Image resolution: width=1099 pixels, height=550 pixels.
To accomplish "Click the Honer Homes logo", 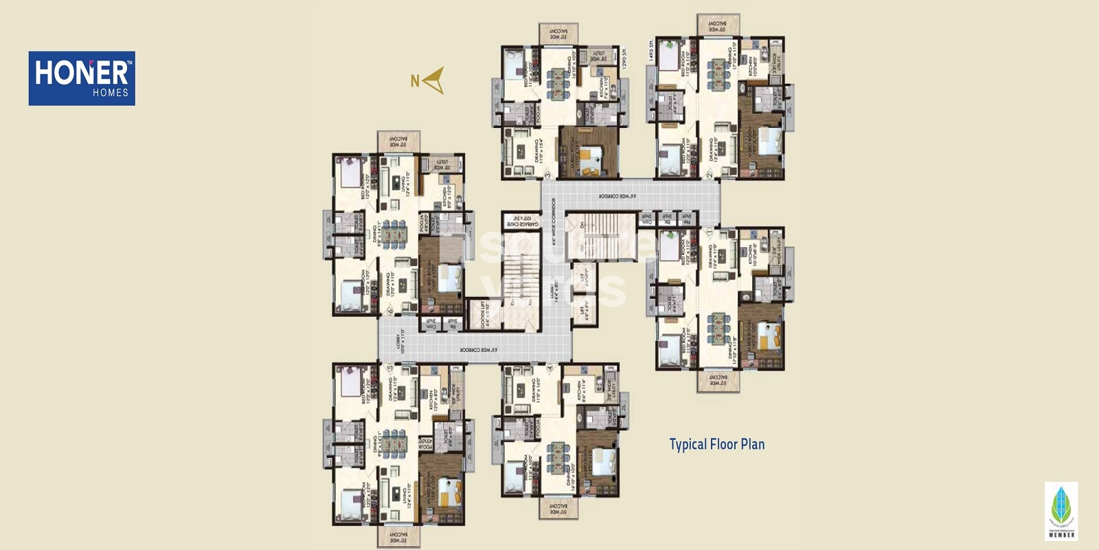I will click(82, 78).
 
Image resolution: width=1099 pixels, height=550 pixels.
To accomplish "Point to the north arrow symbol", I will click(433, 80).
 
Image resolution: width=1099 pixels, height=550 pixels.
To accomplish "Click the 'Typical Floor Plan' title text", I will click(716, 444).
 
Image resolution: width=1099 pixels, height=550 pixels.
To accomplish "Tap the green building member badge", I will click(1061, 511).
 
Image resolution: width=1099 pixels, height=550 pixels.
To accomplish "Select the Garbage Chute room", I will click(521, 220).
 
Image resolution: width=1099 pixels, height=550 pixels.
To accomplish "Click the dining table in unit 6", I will click(394, 233).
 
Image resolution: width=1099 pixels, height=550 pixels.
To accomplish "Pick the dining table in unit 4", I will click(557, 456).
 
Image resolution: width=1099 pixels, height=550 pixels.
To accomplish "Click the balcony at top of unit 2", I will click(718, 25).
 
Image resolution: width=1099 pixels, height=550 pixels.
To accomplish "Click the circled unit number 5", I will click(390, 368).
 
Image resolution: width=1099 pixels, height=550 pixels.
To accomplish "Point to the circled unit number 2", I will click(709, 175).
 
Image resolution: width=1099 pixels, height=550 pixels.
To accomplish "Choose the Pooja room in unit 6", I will click(424, 224).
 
